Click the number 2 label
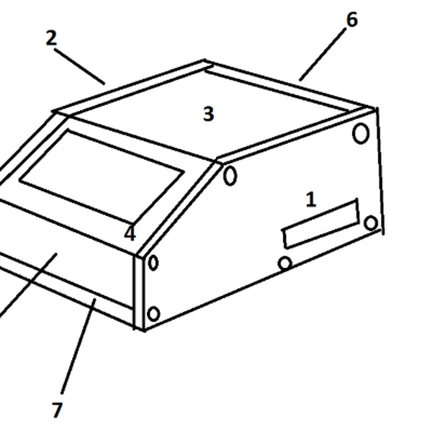(x=51, y=37)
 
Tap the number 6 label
(x=352, y=19)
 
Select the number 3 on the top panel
(x=208, y=114)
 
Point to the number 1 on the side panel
(x=311, y=199)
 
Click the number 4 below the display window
(x=130, y=233)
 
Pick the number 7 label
(x=58, y=410)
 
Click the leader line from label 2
(x=80, y=67)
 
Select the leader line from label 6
(x=323, y=55)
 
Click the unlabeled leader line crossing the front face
(x=27, y=285)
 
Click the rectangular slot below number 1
(x=320, y=224)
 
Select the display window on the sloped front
(x=102, y=176)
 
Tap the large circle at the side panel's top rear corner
(x=361, y=134)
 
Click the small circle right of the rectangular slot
(x=371, y=222)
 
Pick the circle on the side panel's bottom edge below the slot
(x=285, y=264)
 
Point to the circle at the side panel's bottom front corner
(x=153, y=314)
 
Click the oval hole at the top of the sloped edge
(x=230, y=176)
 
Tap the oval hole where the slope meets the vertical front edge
(x=153, y=263)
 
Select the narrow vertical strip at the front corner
(x=139, y=292)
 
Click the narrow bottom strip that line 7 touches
(x=66, y=289)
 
